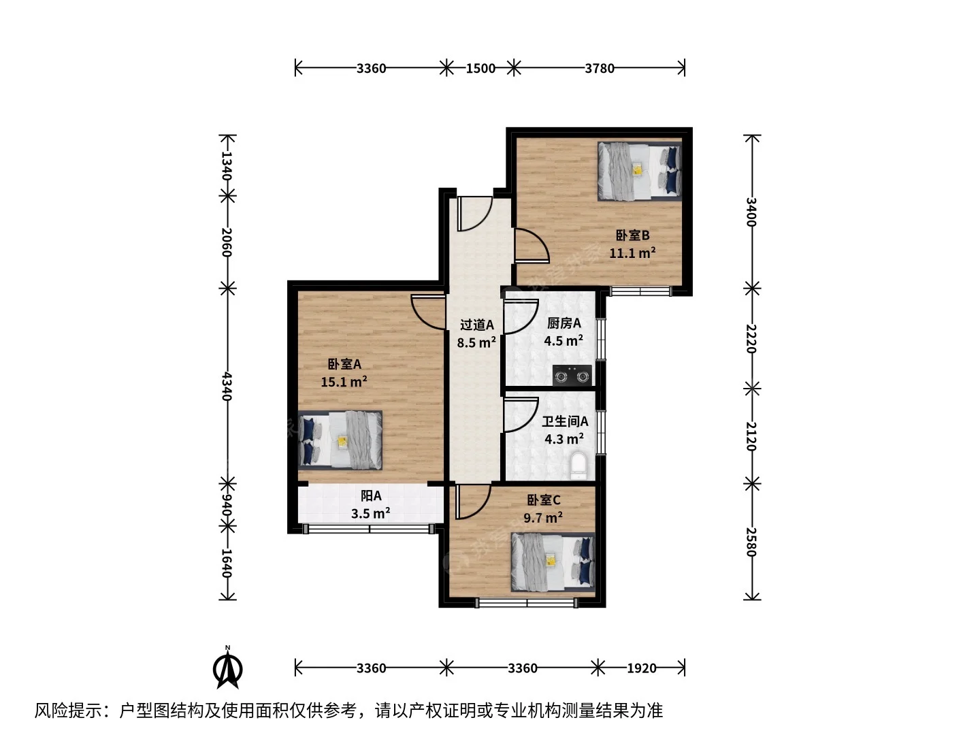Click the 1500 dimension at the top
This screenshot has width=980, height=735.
[480, 68]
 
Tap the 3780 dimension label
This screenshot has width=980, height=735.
[600, 68]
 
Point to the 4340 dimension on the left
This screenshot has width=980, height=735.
[227, 387]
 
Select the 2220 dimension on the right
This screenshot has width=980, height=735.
[752, 339]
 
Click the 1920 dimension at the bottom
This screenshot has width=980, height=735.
[642, 668]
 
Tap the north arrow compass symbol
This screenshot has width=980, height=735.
[228, 668]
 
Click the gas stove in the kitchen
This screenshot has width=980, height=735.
[572, 375]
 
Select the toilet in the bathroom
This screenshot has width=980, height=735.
[580, 466]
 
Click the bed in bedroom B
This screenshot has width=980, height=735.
[640, 171]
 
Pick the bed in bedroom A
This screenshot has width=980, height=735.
[340, 440]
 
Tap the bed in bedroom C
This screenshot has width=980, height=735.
[553, 562]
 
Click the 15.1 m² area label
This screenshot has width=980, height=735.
[344, 382]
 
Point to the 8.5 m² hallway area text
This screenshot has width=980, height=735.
[476, 342]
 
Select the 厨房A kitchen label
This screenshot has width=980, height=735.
[564, 323]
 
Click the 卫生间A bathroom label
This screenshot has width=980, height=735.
[565, 421]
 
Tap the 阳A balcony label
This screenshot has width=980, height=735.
[371, 496]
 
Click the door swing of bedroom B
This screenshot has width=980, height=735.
[532, 245]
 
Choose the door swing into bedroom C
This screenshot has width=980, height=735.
[473, 502]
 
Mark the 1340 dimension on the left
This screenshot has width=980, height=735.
[227, 165]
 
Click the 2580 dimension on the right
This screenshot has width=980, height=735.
[752, 542]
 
